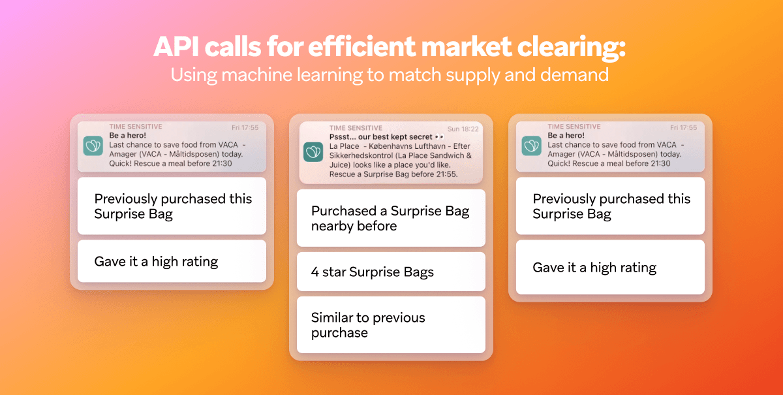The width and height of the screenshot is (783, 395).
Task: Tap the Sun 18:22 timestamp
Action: tap(463, 129)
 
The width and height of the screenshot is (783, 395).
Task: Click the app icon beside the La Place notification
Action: tap(314, 152)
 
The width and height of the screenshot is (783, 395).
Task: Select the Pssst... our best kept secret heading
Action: tap(378, 138)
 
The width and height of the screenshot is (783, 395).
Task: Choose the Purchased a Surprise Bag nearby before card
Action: tap(391, 218)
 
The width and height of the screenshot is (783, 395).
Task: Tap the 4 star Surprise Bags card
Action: tap(391, 272)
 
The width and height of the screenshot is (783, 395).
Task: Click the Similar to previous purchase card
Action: tap(391, 324)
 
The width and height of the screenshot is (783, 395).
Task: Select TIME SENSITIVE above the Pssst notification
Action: tap(357, 129)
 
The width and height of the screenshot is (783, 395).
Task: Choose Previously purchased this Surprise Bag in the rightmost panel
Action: tap(610, 206)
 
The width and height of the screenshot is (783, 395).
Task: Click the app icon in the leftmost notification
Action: tap(93, 146)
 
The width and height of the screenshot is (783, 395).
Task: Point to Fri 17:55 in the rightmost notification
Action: tap(683, 127)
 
